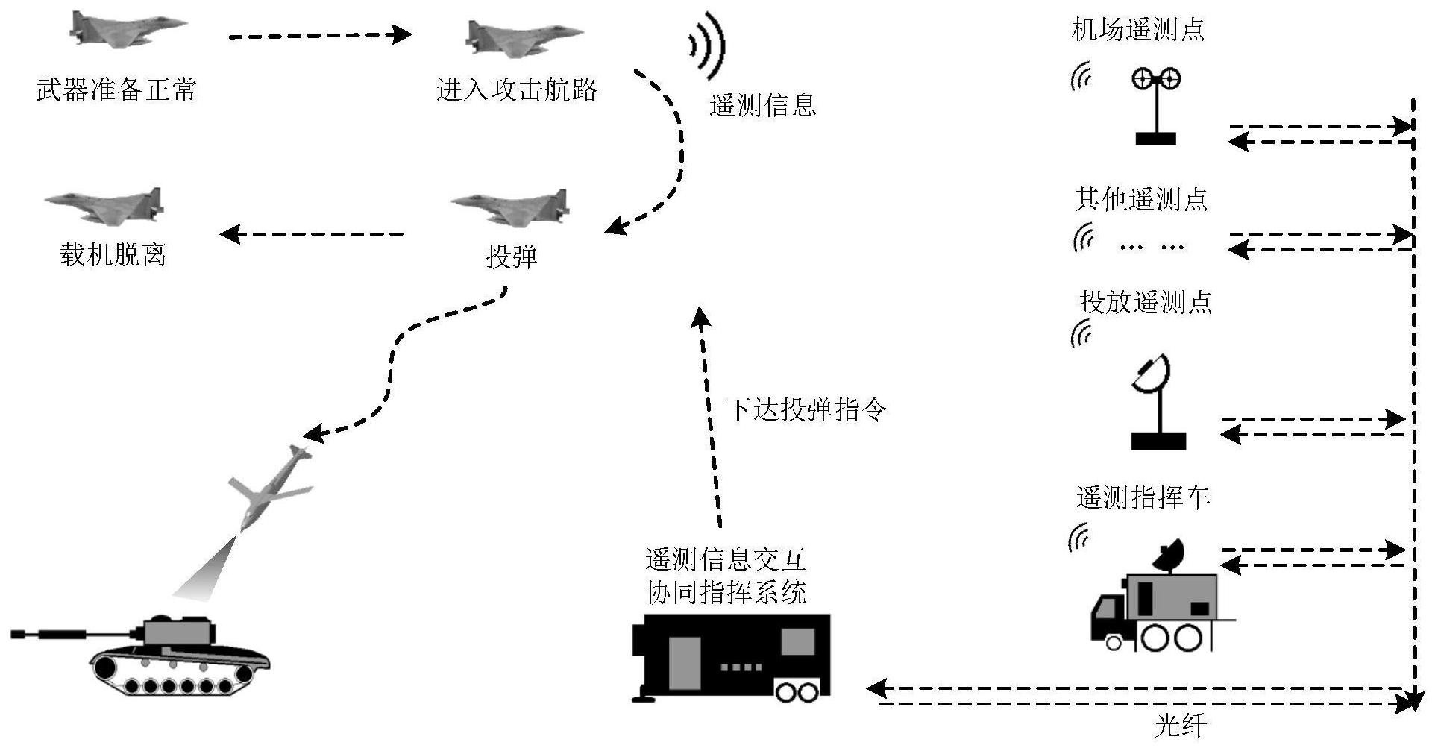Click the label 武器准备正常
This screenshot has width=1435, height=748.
pos(116,90)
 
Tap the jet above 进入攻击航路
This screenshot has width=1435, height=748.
pos(522,37)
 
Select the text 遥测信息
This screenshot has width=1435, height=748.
pos(762,105)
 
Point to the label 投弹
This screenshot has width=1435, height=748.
pos(512,257)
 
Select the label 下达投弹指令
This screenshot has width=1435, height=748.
pos(807,409)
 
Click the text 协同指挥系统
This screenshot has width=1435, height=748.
pos(726,593)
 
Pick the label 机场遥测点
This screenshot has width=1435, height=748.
pos(1138,30)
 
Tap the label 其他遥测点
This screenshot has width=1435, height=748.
pos(1141,199)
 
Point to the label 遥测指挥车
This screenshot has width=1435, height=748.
pos(1143,497)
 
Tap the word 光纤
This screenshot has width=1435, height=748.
pos(1181,725)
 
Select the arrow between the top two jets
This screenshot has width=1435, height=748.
pos(321,34)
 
